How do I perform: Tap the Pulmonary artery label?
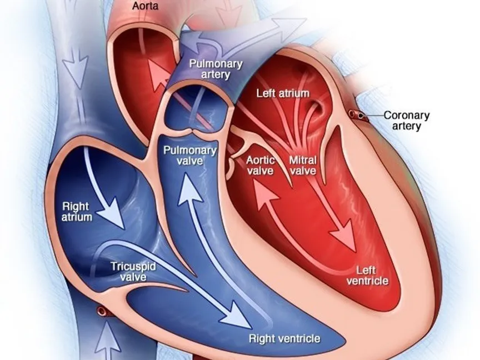(216, 68)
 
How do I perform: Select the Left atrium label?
(282, 93)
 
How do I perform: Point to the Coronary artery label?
(407, 121)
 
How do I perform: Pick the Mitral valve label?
(303, 166)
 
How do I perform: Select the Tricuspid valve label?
(133, 271)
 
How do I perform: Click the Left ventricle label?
(367, 275)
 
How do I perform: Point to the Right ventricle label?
(284, 338)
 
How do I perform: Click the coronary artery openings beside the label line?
(356, 115)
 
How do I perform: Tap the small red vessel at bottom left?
(103, 309)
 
